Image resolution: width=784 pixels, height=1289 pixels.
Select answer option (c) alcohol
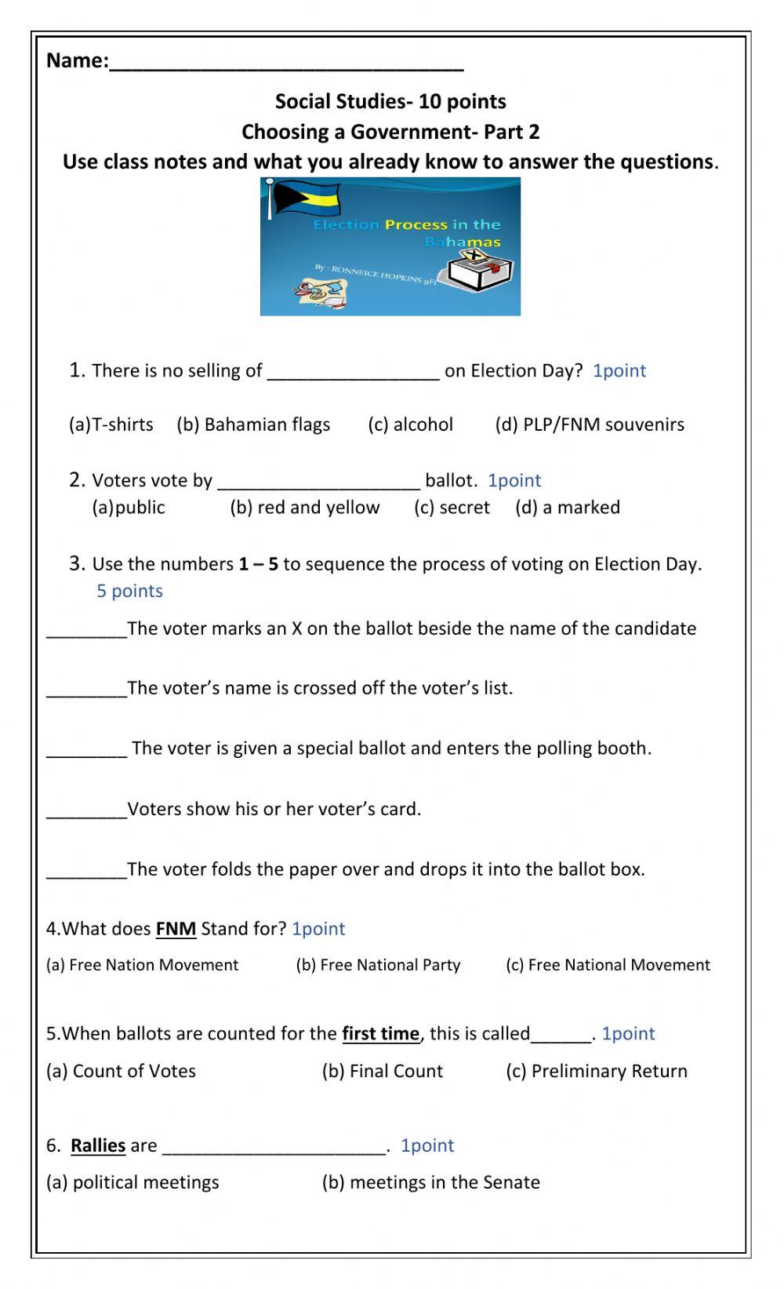[411, 424]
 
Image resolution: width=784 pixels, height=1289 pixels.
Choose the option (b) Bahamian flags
[253, 424]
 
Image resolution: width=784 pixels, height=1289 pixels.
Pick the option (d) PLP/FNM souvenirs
[590, 424]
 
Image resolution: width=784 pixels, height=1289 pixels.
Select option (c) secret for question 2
[452, 508]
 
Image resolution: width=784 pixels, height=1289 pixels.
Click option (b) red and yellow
[304, 508]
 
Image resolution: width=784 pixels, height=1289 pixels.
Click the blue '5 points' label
[129, 591]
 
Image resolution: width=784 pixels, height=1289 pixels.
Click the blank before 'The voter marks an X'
[86, 631]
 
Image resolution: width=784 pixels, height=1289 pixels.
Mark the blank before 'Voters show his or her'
[86, 811]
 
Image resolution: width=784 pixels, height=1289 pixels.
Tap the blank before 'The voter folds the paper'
[86, 872]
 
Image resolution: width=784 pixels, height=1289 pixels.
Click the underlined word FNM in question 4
[176, 929]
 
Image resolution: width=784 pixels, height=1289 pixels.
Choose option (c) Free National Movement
[608, 965]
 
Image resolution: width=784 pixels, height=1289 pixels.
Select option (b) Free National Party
[378, 965]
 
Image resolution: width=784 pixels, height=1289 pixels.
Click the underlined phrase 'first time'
[380, 1033]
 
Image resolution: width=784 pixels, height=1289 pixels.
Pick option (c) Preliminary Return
[597, 1071]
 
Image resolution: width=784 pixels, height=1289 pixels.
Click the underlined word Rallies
[98, 1145]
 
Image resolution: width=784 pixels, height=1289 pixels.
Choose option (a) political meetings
[132, 1182]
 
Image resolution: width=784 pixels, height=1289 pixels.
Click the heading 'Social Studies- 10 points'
[390, 101]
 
